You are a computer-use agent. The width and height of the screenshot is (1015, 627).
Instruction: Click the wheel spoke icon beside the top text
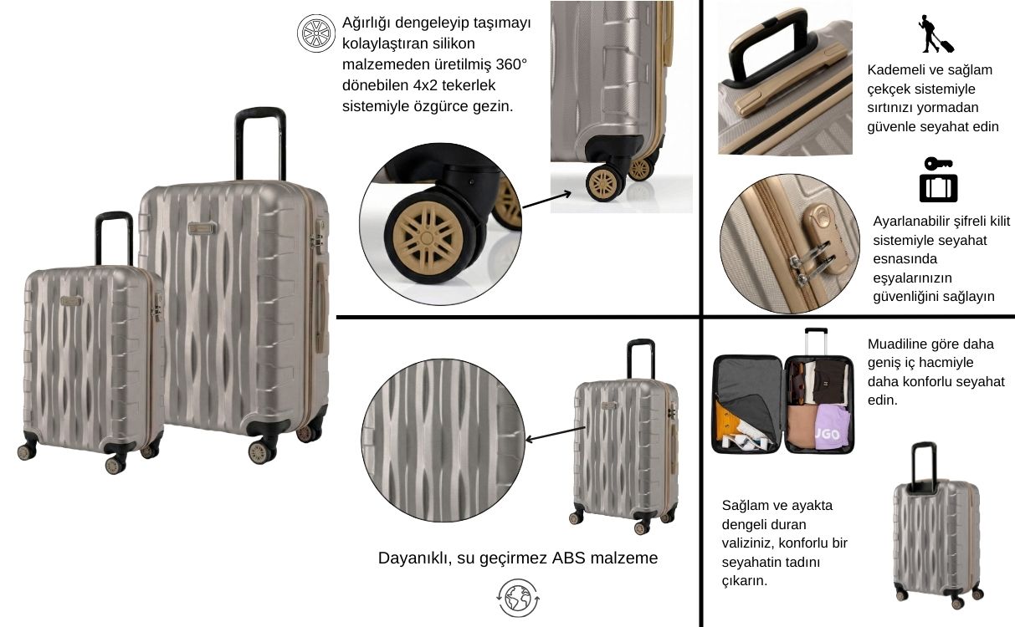(x=315, y=33)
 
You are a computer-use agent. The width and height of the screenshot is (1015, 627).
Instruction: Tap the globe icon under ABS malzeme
(x=518, y=598)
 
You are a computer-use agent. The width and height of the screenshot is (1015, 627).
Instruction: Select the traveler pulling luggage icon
(x=936, y=34)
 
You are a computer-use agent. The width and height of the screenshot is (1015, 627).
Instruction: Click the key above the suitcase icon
(x=938, y=164)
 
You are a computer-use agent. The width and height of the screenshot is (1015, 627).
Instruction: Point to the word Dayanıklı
(x=414, y=558)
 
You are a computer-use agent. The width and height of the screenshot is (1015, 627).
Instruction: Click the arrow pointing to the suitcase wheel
(x=546, y=201)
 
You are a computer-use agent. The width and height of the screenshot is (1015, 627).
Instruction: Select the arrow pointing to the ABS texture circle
(x=555, y=434)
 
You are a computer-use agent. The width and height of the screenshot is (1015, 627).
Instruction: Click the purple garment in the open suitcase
(x=833, y=427)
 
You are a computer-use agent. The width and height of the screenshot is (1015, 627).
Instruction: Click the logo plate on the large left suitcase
(x=202, y=228)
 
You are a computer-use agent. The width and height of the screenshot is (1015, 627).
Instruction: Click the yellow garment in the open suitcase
(x=728, y=422)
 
